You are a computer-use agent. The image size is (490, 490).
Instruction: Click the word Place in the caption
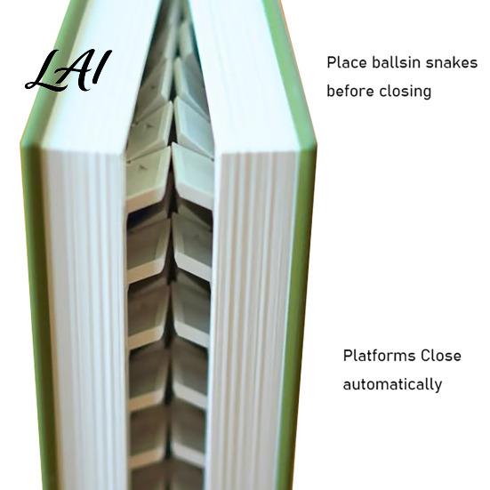[347, 63]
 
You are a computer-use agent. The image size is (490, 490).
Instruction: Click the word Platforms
[379, 356]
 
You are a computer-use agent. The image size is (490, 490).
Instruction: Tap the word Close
[440, 356]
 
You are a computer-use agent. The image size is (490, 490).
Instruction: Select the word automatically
[392, 385]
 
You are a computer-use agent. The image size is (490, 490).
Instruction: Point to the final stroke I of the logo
[103, 66]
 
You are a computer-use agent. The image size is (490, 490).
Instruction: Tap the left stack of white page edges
[84, 312]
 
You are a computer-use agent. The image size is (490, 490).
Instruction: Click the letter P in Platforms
[348, 356]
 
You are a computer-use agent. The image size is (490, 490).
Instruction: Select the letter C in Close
[425, 356]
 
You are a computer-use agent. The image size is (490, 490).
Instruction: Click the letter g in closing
[427, 93]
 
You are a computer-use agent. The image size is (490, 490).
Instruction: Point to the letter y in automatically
[438, 387]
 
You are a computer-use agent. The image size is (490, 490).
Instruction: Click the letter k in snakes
[454, 62]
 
